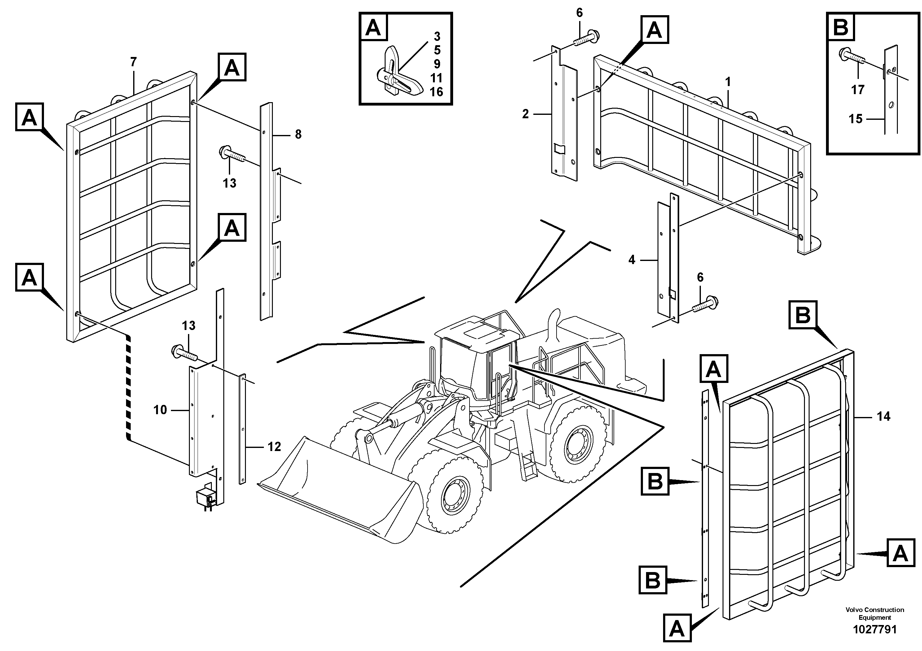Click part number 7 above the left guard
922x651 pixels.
point(133,62)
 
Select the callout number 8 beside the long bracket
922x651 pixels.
point(298,134)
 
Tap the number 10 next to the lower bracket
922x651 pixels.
point(160,410)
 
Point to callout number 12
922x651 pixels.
point(274,447)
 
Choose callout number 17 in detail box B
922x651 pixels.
point(857,90)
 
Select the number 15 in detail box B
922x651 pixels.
point(855,119)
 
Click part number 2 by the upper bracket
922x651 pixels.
point(526,115)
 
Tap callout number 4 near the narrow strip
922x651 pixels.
point(632,260)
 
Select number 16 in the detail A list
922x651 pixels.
point(436,92)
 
